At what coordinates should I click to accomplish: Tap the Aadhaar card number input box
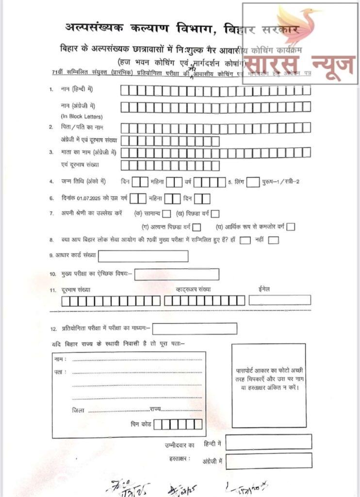tap(143, 256)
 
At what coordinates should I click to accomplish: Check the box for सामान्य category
tap(167, 214)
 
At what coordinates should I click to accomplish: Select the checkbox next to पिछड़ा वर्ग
tap(215, 214)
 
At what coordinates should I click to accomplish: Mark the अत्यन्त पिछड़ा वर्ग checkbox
tap(196, 227)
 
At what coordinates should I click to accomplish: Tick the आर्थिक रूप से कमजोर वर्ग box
tap(291, 227)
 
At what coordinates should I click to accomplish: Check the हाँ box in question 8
tap(245, 240)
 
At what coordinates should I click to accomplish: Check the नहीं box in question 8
tap(273, 240)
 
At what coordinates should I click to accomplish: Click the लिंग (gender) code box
tap(252, 182)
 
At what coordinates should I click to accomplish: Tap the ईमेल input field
tap(279, 300)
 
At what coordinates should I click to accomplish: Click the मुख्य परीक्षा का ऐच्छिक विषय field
tap(177, 274)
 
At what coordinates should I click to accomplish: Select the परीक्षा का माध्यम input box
tap(195, 329)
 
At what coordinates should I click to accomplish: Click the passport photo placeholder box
tap(269, 385)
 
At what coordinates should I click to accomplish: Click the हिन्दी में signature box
tap(268, 442)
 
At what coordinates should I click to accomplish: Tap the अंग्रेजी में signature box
tap(268, 461)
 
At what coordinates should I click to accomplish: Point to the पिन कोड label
tap(141, 424)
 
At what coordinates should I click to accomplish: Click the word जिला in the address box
tap(78, 410)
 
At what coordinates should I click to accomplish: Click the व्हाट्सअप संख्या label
tap(194, 290)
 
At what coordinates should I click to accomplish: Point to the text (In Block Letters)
tap(82, 116)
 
